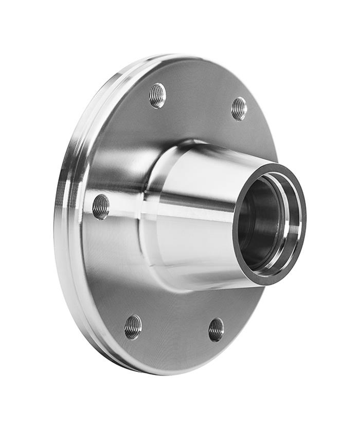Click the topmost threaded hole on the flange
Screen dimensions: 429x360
click(x=157, y=95)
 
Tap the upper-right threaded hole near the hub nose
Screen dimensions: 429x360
click(x=239, y=108)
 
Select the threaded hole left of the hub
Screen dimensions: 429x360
click(x=101, y=206)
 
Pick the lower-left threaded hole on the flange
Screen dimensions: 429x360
click(x=133, y=327)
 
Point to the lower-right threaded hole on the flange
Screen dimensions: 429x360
click(x=216, y=329)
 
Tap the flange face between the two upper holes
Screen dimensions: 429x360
click(x=198, y=98)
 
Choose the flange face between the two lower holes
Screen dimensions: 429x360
click(x=175, y=334)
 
